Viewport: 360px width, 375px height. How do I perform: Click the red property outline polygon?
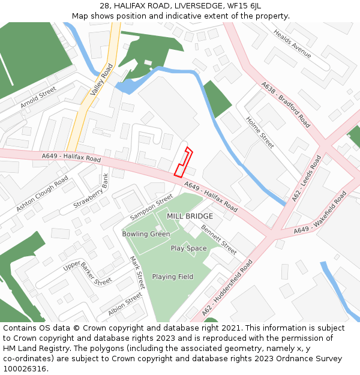pyautogui.click(x=183, y=163)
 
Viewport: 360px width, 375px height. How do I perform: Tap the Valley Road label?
pyautogui.click(x=102, y=81)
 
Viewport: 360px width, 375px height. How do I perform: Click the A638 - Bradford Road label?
pyautogui.click(x=286, y=105)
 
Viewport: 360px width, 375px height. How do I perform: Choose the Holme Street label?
pyautogui.click(x=260, y=133)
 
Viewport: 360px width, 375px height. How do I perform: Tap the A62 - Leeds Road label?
pyautogui.click(x=307, y=178)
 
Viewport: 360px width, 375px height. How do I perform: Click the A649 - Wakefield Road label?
pyautogui.click(x=320, y=214)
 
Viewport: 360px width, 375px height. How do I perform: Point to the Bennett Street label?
pyautogui.click(x=218, y=238)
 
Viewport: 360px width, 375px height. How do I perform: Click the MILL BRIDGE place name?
pyautogui.click(x=190, y=216)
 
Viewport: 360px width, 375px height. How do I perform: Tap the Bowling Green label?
pyautogui.click(x=146, y=234)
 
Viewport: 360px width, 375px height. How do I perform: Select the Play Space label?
pyautogui.click(x=188, y=248)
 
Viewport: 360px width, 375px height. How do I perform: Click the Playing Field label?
pyautogui.click(x=173, y=277)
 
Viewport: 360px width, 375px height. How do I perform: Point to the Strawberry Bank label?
pyautogui.click(x=91, y=191)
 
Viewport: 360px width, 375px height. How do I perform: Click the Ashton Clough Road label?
pyautogui.click(x=43, y=194)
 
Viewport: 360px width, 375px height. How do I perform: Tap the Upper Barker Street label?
pyautogui.click(x=88, y=273)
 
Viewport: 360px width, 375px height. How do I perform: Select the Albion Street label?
pyautogui.click(x=125, y=304)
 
